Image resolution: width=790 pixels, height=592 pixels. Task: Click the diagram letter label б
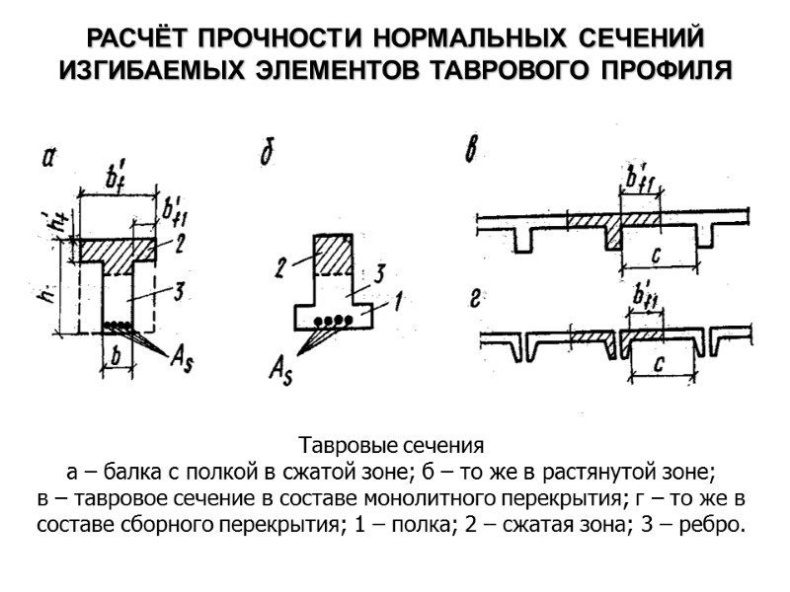coord(265,155)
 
